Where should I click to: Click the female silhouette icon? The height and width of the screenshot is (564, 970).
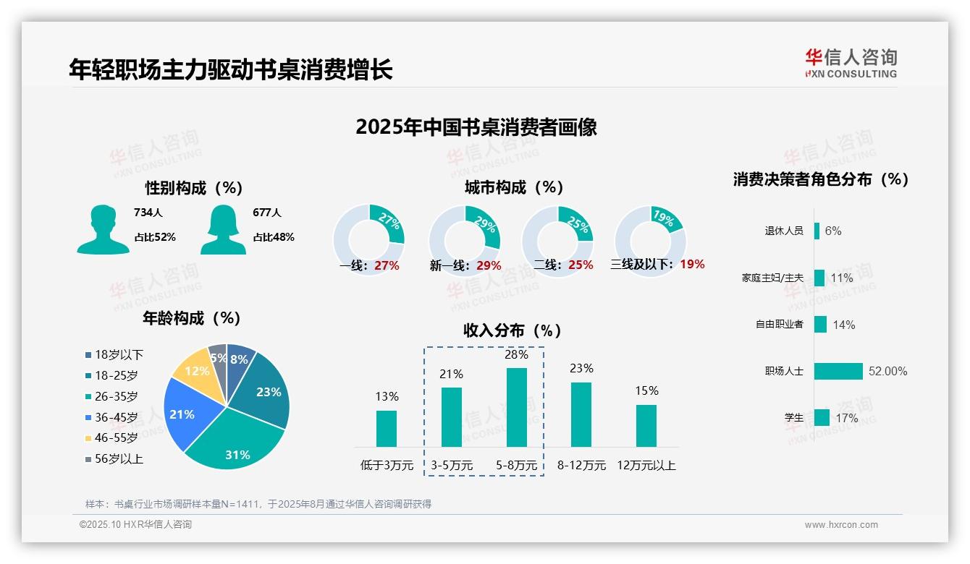pyautogui.click(x=223, y=229)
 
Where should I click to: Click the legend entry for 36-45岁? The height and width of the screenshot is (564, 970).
pyautogui.click(x=116, y=417)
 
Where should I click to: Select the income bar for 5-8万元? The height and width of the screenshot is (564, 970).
pyautogui.click(x=516, y=407)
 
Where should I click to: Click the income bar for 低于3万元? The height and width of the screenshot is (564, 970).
pyautogui.click(x=387, y=428)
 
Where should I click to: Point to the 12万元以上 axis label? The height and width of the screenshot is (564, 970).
pyautogui.click(x=646, y=466)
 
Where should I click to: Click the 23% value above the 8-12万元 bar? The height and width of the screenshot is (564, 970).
pyautogui.click(x=581, y=369)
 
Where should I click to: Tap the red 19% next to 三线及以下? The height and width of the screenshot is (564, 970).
pyautogui.click(x=692, y=265)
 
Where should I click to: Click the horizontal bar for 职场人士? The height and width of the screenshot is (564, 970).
pyautogui.click(x=838, y=371)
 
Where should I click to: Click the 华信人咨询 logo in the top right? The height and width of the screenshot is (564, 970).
pyautogui.click(x=851, y=63)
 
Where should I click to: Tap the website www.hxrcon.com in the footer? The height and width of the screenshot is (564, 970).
pyautogui.click(x=840, y=525)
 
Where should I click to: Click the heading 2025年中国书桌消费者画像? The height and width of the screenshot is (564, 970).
pyautogui.click(x=476, y=127)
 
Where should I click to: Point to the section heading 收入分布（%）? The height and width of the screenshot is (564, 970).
pyautogui.click(x=513, y=331)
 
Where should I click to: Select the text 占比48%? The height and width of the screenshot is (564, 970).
pyautogui.click(x=273, y=237)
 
